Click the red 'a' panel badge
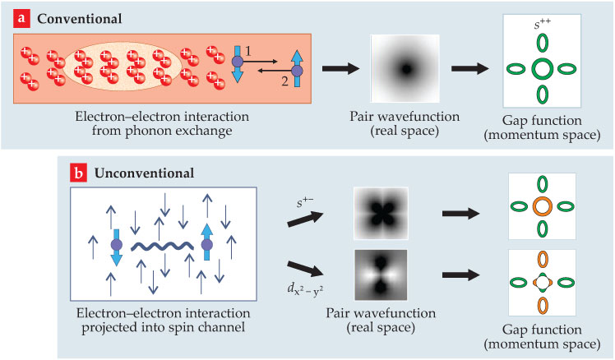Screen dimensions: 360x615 [x=13, y=16]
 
